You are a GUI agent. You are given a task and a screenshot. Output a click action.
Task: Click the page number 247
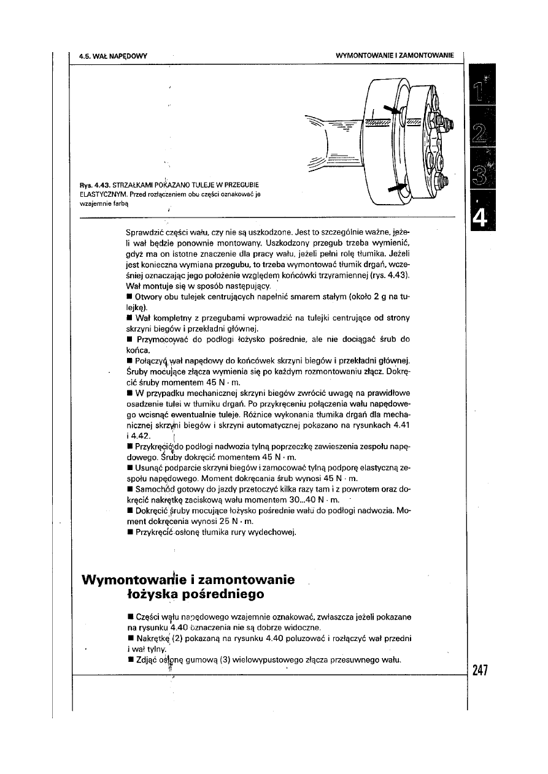click(479, 670)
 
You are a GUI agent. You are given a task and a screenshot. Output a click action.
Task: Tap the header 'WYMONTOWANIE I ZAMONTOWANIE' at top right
click(395, 56)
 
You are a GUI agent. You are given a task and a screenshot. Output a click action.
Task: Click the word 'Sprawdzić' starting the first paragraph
click(144, 232)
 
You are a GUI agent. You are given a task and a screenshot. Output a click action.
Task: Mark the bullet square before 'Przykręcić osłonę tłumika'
click(129, 532)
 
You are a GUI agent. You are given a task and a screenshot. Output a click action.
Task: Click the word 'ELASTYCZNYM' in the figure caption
click(102, 194)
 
